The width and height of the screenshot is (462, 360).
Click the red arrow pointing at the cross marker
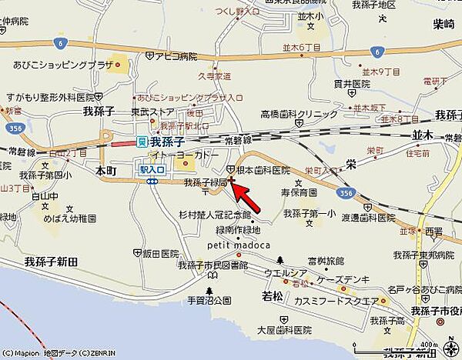tap(248, 197)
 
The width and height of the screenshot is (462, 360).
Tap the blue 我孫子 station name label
tap(166, 142)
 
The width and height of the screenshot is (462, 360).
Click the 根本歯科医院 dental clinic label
tap(263, 169)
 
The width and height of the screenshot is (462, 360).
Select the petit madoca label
tap(239, 245)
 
